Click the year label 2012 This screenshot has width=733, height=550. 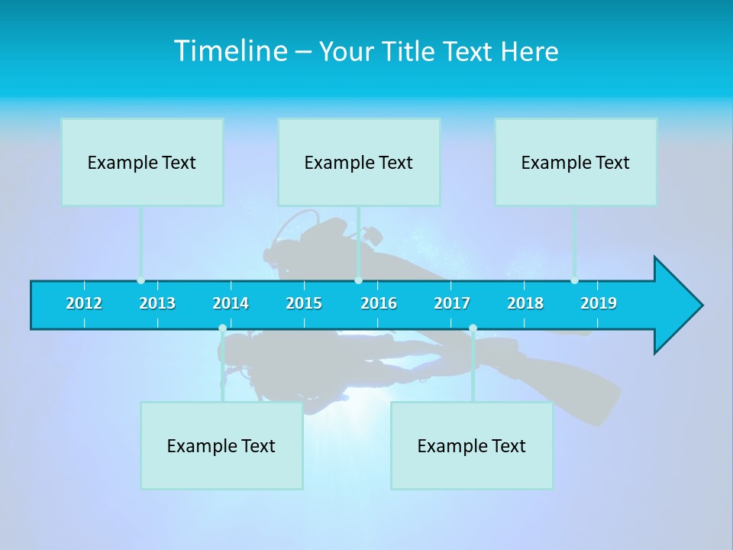[x=84, y=303]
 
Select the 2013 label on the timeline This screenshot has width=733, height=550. [x=157, y=303]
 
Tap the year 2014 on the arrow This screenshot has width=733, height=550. [x=231, y=303]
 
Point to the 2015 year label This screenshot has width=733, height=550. [x=304, y=303]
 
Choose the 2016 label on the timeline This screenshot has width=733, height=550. [x=379, y=303]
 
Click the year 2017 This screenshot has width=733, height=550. [x=452, y=303]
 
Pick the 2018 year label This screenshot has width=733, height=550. [x=525, y=303]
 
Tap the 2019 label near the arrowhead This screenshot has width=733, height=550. [x=599, y=303]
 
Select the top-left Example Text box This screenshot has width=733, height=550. [x=142, y=162]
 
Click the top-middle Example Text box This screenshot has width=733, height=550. [x=359, y=162]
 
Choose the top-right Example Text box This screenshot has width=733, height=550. [x=576, y=162]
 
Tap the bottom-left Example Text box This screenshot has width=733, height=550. [x=221, y=445]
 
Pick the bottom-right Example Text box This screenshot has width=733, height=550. [x=472, y=445]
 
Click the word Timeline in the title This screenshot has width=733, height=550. [x=230, y=51]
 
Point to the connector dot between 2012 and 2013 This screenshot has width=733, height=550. [x=140, y=280]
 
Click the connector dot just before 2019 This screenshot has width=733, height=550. [x=574, y=280]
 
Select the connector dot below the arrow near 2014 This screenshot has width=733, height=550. [x=222, y=328]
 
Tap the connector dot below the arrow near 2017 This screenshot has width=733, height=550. [x=473, y=328]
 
